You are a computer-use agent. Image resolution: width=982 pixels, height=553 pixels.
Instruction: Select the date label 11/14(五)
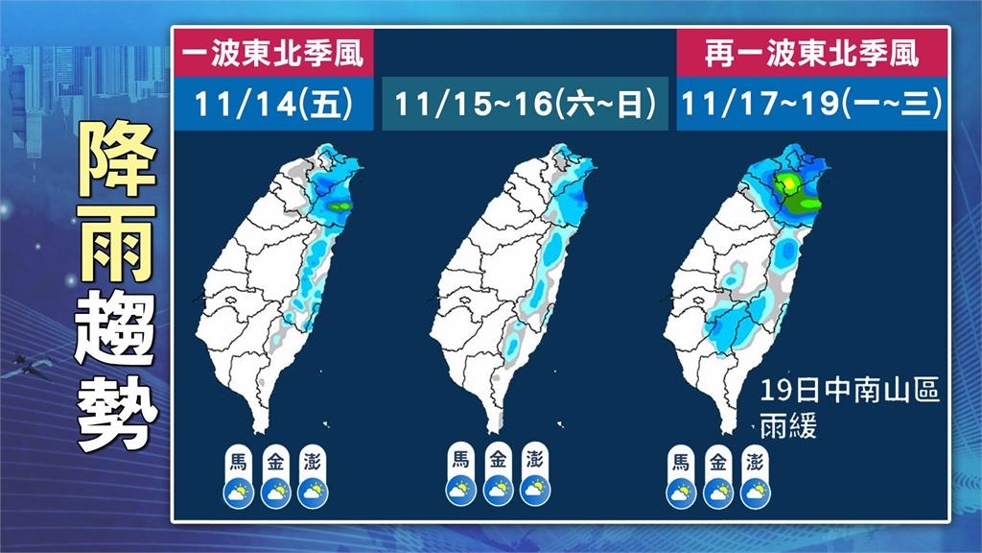point(272,103)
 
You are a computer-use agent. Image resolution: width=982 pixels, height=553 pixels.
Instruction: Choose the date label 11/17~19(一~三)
point(811,103)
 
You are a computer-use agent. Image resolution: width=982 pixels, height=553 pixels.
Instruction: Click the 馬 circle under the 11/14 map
point(237,458)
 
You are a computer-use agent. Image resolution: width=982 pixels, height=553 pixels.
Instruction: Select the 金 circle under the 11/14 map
point(274,458)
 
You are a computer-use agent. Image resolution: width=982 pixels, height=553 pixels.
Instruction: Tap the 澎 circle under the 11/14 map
point(311,458)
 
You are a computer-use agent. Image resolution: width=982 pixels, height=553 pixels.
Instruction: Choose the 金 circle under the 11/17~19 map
point(717,458)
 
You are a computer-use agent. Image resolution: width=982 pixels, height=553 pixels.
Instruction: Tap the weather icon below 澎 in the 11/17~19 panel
point(754,493)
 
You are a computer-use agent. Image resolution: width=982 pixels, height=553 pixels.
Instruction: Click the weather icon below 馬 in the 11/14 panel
point(237,493)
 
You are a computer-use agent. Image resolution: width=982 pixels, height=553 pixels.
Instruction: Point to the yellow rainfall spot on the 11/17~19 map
point(787,182)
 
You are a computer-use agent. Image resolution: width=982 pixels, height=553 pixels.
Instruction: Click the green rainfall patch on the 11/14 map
point(339,204)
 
